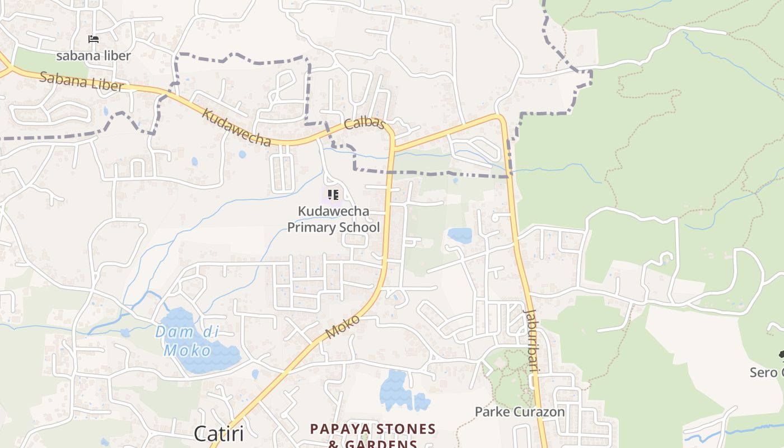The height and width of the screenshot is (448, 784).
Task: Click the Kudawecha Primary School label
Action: [333, 219]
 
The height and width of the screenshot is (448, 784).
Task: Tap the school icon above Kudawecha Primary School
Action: [333, 195]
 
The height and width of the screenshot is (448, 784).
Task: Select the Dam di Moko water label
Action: [186, 341]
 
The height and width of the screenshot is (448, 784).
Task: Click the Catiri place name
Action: [218, 434]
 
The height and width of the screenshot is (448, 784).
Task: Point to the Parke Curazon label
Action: [520, 412]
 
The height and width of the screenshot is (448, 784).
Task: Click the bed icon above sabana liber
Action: [94, 39]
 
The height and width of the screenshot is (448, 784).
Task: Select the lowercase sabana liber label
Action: [94, 55]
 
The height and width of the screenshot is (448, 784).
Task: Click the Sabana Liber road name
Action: [82, 81]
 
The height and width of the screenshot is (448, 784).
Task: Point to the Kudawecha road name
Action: [236, 128]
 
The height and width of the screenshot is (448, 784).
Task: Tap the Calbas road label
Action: [365, 123]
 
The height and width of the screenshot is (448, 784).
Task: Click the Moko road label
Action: [342, 326]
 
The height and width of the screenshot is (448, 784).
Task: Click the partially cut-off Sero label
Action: [766, 372]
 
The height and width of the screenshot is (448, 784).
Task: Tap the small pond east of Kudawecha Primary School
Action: [460, 235]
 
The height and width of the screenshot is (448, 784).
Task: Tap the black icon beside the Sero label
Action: [781, 354]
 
